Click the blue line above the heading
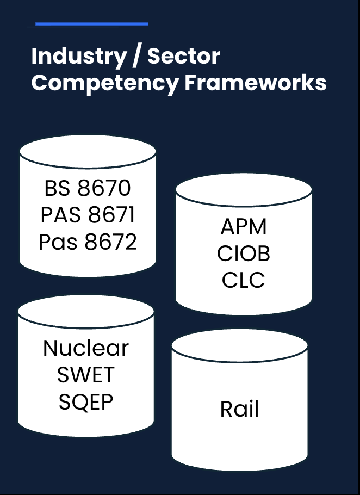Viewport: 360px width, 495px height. pyautogui.click(x=91, y=24)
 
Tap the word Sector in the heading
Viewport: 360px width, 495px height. pyautogui.click(x=184, y=56)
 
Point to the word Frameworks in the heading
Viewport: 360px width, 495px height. pyautogui.click(x=256, y=83)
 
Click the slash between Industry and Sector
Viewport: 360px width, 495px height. pyautogui.click(x=132, y=57)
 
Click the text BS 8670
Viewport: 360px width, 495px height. pyautogui.click(x=88, y=188)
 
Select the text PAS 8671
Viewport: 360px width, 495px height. pyautogui.click(x=88, y=215)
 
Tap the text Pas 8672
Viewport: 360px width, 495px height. pyautogui.click(x=88, y=242)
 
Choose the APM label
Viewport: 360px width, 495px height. pyautogui.click(x=244, y=227)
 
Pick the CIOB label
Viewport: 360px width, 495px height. pyautogui.click(x=244, y=253)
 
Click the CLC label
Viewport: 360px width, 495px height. pyautogui.click(x=244, y=281)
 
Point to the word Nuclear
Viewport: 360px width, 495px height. pyautogui.click(x=86, y=348)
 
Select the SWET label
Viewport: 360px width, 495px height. pyautogui.click(x=86, y=375)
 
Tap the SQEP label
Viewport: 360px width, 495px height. pyautogui.click(x=86, y=402)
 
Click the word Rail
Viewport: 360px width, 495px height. pyautogui.click(x=239, y=409)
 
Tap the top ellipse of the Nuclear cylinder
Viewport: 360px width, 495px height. pyautogui.click(x=86, y=311)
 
